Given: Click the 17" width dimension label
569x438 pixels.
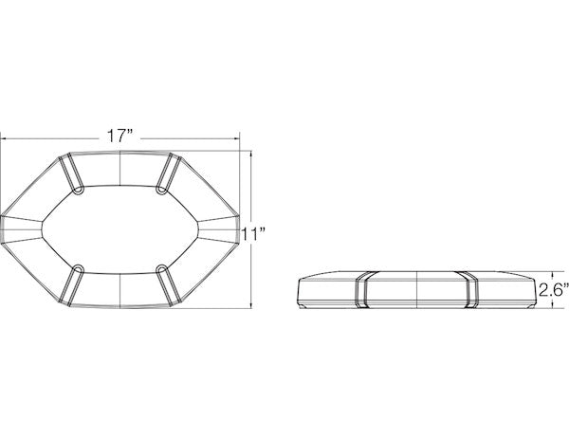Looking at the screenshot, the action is pos(120,137).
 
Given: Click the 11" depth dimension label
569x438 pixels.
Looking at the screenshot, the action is pos(253,234).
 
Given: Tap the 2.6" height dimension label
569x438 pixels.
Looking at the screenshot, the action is pos(554,290).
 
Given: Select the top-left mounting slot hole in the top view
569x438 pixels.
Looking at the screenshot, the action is pos(78,191).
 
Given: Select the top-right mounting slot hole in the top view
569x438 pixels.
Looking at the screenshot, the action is pos(160,191).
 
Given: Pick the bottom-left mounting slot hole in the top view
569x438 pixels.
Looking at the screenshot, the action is pos(78,269).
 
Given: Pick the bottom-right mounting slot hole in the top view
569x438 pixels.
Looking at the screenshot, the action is pos(161,269).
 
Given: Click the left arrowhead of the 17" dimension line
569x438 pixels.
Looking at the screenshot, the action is pos(3,138).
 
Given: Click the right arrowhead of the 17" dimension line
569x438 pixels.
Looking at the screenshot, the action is pos(237,138).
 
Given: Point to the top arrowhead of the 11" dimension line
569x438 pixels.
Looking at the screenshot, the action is pos(251,154).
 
